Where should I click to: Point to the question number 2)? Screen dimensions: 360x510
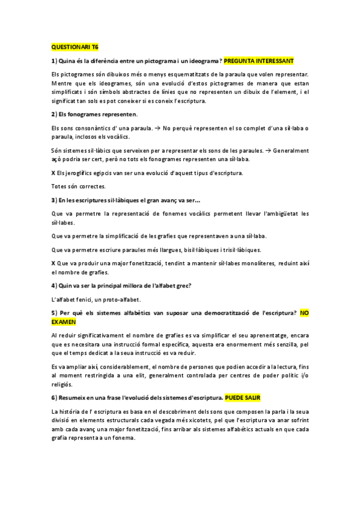pyautogui.click(x=54, y=114)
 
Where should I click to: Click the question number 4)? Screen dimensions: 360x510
pyautogui.click(x=54, y=284)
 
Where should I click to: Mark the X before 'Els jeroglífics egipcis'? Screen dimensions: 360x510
pyautogui.click(x=53, y=173)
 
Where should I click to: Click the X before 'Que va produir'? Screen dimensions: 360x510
pyautogui.click(x=53, y=263)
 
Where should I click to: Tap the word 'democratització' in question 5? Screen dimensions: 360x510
pyautogui.click(x=210, y=313)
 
